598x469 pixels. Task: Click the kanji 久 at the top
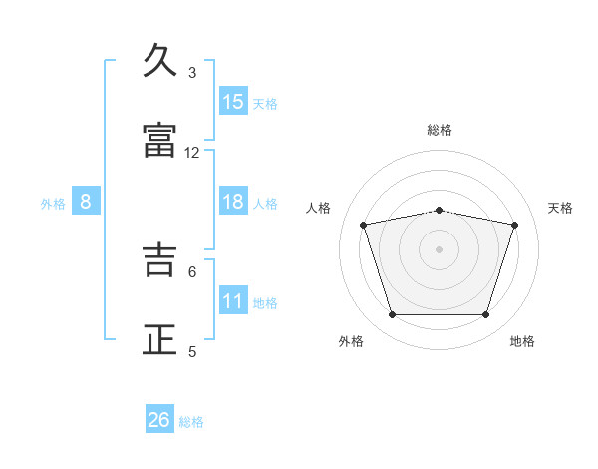[x=159, y=60]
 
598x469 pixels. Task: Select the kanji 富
[x=159, y=140]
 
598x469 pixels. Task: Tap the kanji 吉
[x=159, y=259]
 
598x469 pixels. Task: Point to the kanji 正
[x=159, y=339]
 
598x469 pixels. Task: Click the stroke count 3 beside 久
[x=192, y=73]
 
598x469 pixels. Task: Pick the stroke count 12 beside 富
[x=191, y=153]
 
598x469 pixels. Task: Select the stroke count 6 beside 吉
[x=192, y=272]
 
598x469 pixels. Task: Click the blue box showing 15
[x=233, y=101]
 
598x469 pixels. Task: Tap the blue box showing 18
[x=233, y=201]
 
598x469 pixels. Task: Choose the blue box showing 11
[x=233, y=299]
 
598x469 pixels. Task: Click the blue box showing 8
[x=86, y=201]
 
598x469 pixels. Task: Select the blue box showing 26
[x=159, y=418]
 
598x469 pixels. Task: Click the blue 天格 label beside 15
[x=265, y=104]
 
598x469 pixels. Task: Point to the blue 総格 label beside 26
[x=191, y=422]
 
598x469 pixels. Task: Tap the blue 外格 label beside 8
[x=53, y=204]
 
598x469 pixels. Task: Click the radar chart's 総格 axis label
[x=440, y=130]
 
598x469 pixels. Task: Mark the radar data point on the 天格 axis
[x=515, y=225]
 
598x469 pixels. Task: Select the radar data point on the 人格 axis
[x=363, y=225]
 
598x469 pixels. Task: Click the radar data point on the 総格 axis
[x=439, y=211]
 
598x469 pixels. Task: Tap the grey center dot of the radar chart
[x=439, y=249]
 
